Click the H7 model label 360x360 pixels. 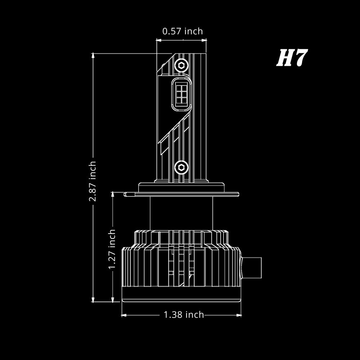tap(292, 58)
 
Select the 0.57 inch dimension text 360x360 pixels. tap(183, 31)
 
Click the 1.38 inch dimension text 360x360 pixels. tap(184, 315)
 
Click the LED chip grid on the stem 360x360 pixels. tap(181, 93)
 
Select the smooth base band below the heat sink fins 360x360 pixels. tap(181, 294)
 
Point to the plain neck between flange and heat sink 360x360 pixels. tap(181, 212)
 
